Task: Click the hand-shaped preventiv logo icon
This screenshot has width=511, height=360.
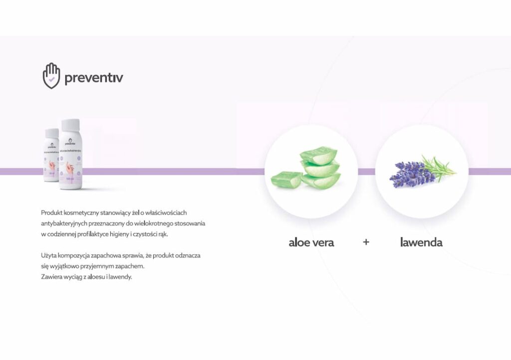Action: click(51, 76)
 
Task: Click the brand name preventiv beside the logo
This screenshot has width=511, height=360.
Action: click(94, 78)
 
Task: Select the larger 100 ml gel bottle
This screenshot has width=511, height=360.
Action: click(71, 160)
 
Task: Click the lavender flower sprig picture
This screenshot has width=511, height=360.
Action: click(422, 172)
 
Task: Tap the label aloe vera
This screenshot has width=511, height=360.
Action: click(311, 243)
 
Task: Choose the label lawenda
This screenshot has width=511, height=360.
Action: click(421, 243)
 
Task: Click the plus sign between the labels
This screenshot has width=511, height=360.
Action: click(366, 243)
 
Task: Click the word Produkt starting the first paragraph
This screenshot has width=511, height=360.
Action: click(51, 213)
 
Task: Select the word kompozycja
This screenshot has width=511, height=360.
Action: click(77, 255)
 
